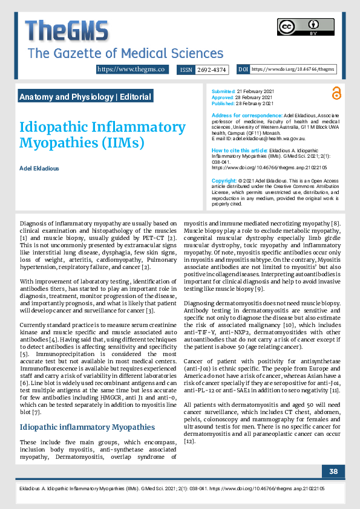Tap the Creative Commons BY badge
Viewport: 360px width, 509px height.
coord(297,28)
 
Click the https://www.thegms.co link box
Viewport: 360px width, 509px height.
coord(131,70)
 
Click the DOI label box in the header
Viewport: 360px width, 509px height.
coord(243,70)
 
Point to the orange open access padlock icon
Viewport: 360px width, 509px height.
coord(336,93)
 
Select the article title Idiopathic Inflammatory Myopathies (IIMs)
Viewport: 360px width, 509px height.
coord(94,134)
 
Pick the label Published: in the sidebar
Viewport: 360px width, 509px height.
coord(224,103)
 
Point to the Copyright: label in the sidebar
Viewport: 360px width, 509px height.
coord(224,181)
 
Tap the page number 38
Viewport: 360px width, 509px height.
coord(333,471)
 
